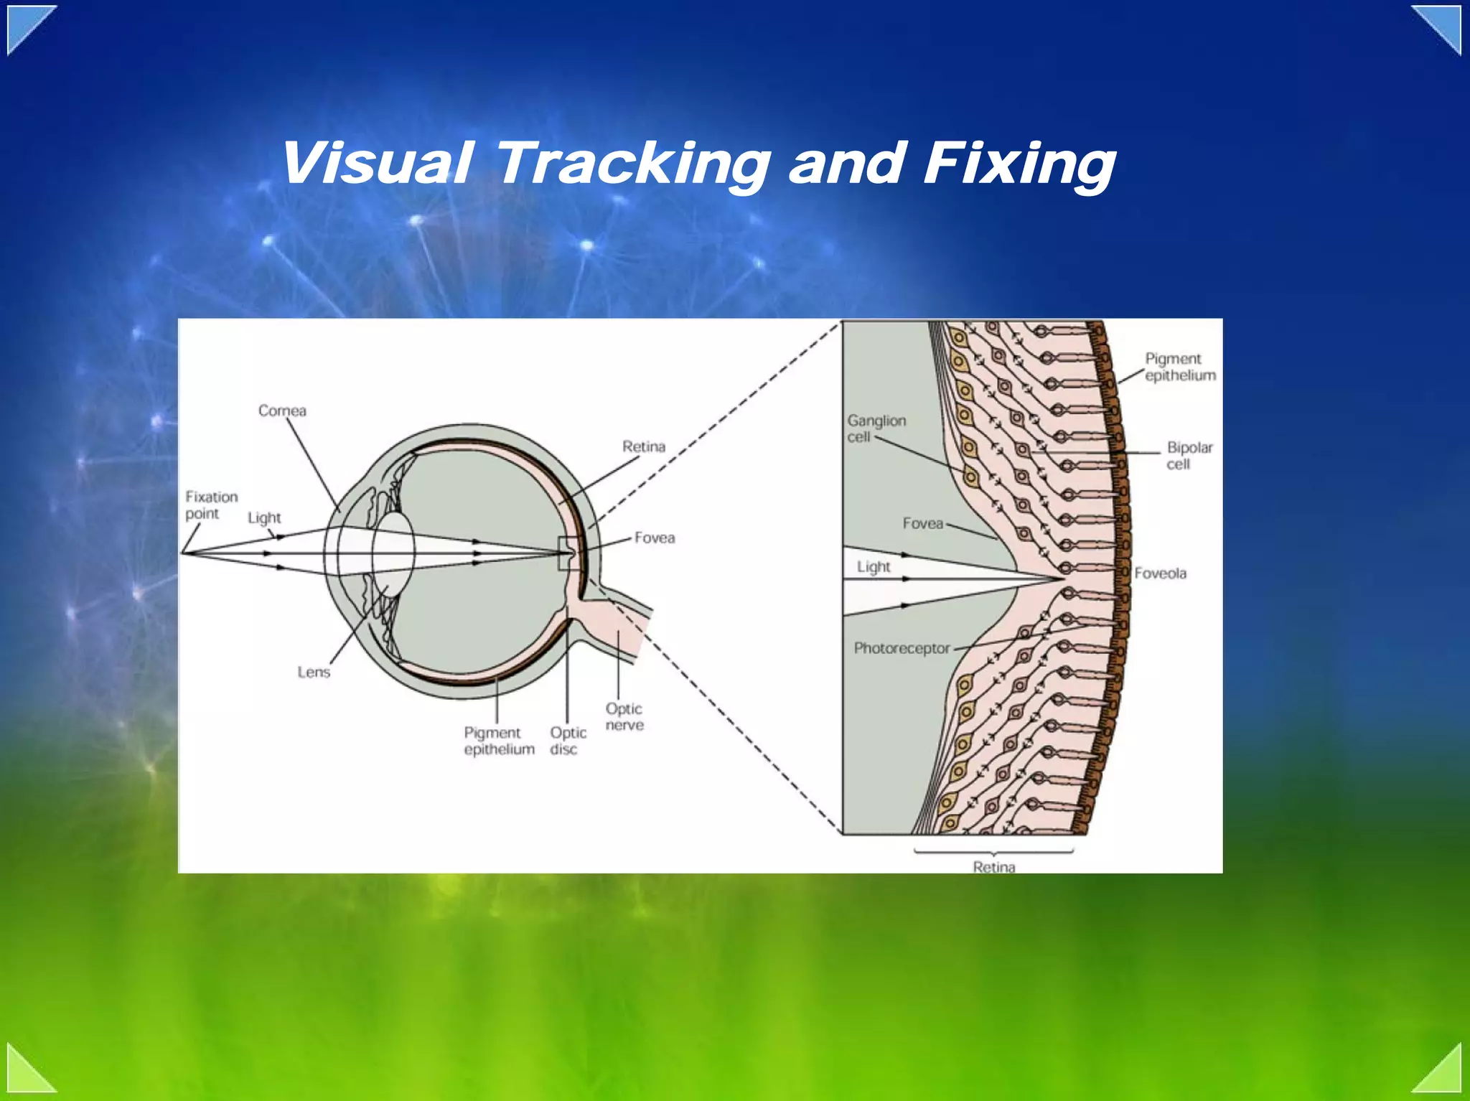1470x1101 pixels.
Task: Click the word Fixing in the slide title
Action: (1019, 164)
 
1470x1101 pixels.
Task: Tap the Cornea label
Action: (282, 411)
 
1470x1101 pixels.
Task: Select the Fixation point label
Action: (211, 505)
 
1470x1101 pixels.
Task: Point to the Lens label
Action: (314, 672)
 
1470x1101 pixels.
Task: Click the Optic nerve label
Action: (624, 716)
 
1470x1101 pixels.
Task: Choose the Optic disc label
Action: (568, 741)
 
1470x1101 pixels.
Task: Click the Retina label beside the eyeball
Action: (643, 446)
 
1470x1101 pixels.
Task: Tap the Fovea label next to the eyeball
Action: (654, 538)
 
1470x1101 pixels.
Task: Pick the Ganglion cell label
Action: (876, 428)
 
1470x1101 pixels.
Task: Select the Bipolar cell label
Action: (1189, 456)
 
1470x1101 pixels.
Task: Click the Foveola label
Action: (1160, 573)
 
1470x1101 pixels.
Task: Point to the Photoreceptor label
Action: (902, 648)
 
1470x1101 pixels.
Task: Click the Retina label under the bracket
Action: (993, 866)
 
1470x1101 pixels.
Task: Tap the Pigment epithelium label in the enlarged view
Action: (1179, 367)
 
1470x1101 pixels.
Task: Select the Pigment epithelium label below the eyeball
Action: (499, 741)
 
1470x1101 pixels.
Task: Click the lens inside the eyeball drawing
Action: (393, 551)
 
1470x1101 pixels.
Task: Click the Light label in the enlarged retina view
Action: (873, 567)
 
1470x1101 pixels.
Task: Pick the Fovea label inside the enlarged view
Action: (922, 523)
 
